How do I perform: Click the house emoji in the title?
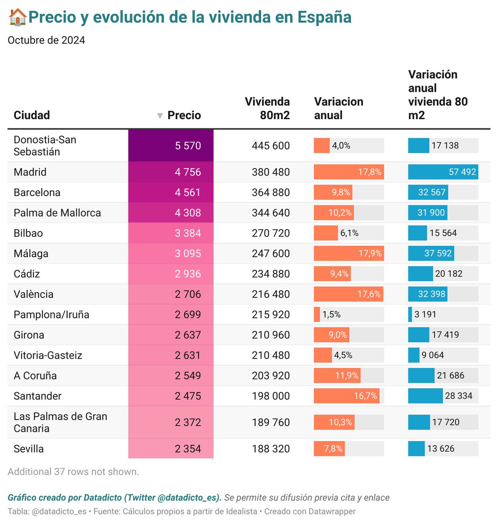[18, 17]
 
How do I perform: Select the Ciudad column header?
[31, 115]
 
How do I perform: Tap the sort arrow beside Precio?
[160, 116]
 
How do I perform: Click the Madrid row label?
[30, 172]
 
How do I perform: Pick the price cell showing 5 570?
[188, 146]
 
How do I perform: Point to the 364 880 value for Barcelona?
[270, 193]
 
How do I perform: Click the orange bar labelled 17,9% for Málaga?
[348, 253]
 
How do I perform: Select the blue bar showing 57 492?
[443, 172]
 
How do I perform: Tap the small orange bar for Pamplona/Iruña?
[317, 314]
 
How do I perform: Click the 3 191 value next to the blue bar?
[425, 314]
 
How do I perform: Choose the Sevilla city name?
[28, 449]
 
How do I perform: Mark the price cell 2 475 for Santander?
[188, 396]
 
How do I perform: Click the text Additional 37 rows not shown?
[73, 472]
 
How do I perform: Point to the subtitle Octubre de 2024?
[46, 40]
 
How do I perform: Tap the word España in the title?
[324, 17]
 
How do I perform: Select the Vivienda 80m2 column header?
[267, 108]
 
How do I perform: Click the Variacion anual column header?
[339, 108]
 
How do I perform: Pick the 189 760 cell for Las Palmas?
[270, 422]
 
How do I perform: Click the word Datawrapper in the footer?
[332, 511]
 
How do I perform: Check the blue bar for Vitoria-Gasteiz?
[414, 355]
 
